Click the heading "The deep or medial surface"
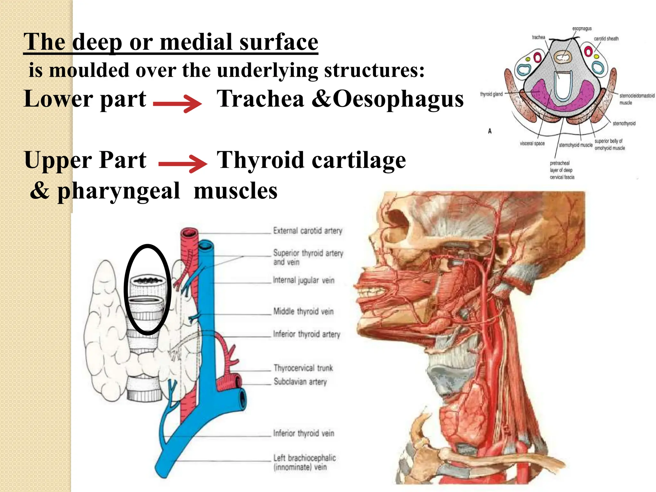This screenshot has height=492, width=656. click(171, 42)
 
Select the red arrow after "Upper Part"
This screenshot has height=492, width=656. click(183, 164)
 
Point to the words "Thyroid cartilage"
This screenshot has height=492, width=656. click(311, 160)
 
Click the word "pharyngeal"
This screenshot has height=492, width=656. click(119, 191)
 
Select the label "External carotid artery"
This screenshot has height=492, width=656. click(307, 231)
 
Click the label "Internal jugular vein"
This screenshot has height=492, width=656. click(303, 280)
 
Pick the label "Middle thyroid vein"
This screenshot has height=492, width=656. click(303, 311)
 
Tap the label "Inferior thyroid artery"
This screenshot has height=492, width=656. click(306, 334)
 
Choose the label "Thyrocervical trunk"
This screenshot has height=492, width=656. click(303, 368)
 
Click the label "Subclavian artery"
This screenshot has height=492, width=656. click(300, 381)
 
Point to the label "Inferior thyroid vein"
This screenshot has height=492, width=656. click(303, 433)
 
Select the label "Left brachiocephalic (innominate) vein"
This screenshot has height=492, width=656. click(304, 462)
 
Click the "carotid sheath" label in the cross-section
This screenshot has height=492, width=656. click(606, 39)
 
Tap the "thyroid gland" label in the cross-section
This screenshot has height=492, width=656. click(491, 94)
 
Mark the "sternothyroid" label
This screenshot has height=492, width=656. click(624, 123)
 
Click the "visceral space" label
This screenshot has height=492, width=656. click(532, 143)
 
